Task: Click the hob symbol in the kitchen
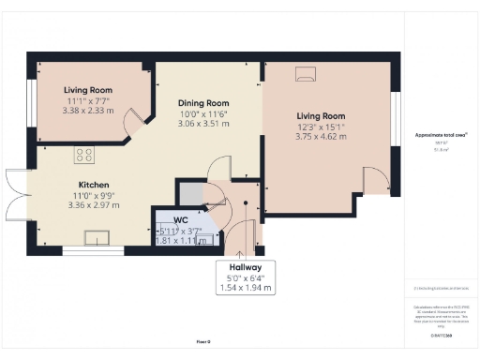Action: [x=83, y=156]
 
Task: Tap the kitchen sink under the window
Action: [x=97, y=237]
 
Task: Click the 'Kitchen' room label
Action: [x=92, y=185]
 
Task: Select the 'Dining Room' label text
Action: [x=203, y=102]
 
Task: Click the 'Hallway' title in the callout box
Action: [x=247, y=266]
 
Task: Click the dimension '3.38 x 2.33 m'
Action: [x=89, y=109]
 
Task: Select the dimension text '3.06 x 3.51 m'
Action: [x=204, y=123]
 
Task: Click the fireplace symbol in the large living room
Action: [x=307, y=73]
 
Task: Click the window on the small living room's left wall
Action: [x=30, y=105]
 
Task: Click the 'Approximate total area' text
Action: [x=441, y=135]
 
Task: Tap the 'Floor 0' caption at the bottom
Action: [x=202, y=342]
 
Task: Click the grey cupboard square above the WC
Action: [x=190, y=194]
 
